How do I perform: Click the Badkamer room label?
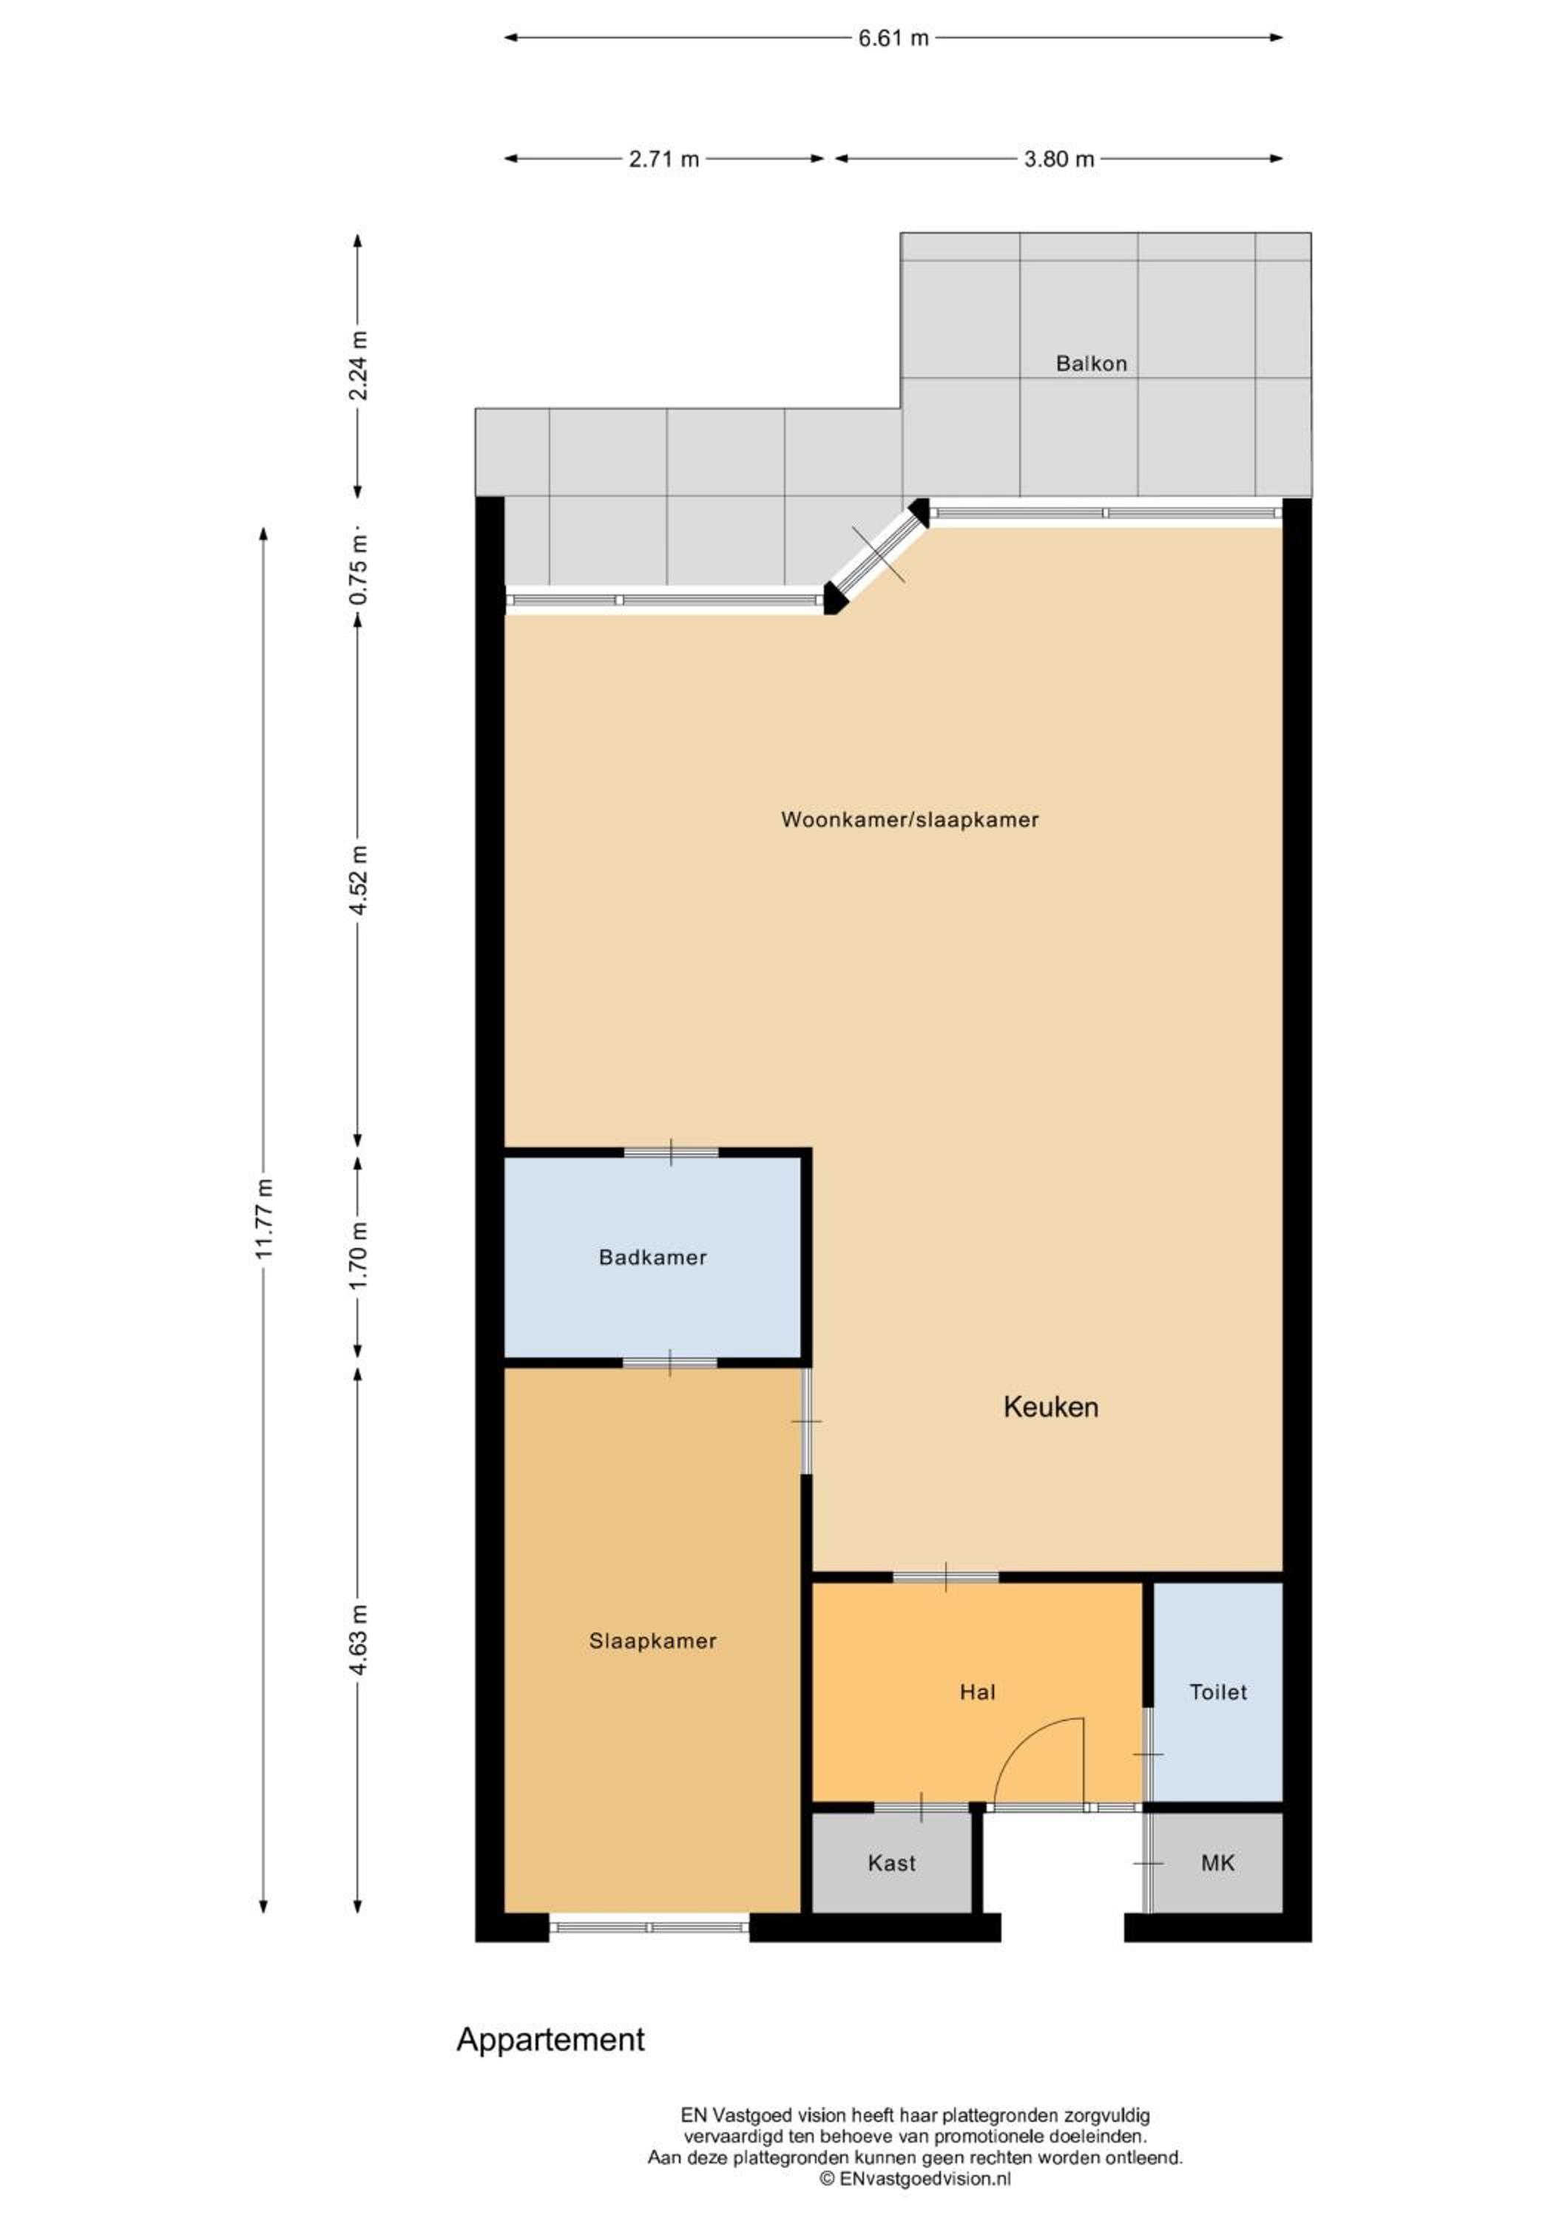(652, 1257)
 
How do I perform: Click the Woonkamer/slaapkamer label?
(909, 819)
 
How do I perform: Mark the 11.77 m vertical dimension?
(264, 1218)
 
